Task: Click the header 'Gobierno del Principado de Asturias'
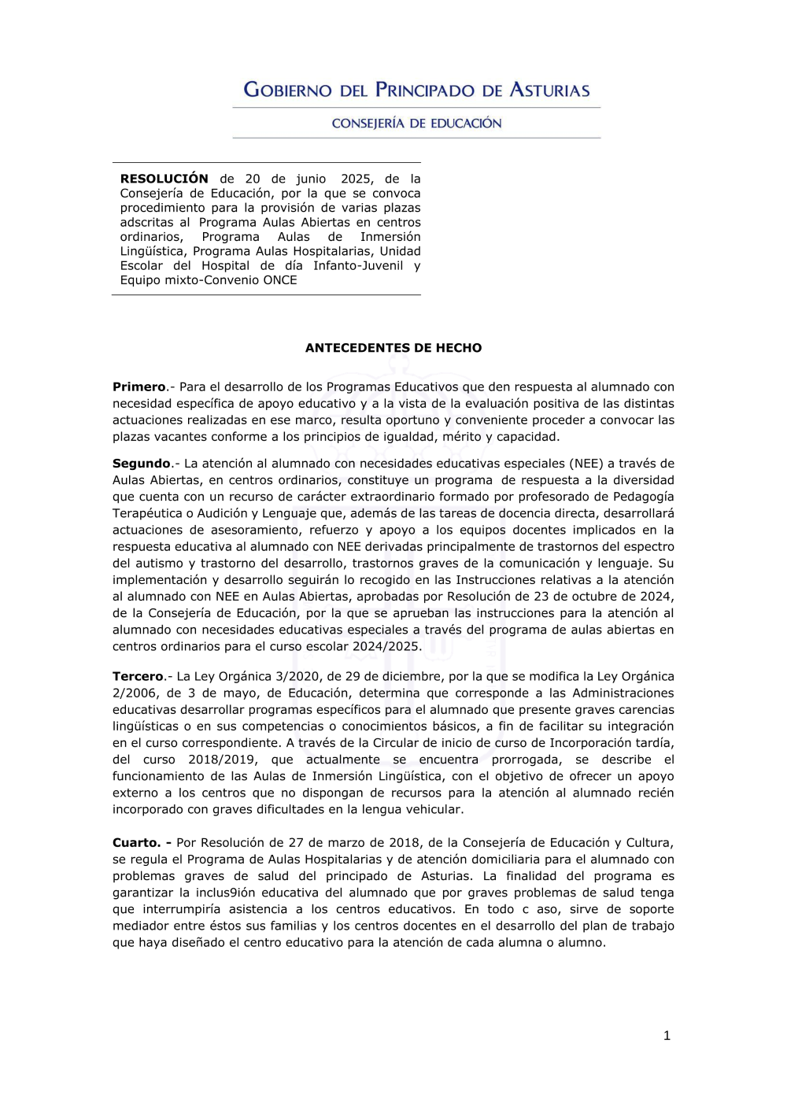click(416, 90)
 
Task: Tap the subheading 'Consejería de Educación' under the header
click(416, 124)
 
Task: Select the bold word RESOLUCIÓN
click(164, 179)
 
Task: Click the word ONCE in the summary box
click(281, 280)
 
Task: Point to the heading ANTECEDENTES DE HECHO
click(393, 348)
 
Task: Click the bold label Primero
click(139, 386)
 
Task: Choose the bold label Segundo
click(142, 464)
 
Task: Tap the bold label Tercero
click(138, 676)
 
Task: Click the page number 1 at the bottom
click(667, 1036)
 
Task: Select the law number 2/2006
click(135, 693)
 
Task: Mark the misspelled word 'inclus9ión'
click(224, 893)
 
